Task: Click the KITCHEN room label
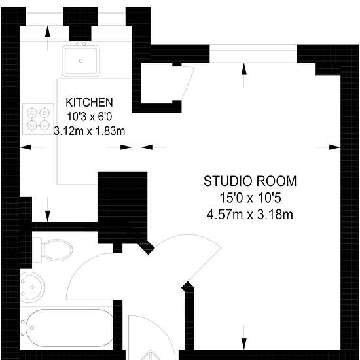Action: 89,102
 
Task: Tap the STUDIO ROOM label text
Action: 250,181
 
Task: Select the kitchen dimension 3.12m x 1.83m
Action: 89,131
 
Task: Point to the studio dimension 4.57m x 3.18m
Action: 250,215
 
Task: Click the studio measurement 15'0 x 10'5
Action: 250,198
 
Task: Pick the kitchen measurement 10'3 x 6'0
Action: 89,117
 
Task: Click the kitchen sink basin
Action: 81,61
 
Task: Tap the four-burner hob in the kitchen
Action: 39,119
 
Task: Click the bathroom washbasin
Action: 32,287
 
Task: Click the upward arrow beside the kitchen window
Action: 48,38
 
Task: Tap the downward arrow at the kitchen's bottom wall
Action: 48,209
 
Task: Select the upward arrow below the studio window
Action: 244,76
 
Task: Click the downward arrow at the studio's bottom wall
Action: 244,337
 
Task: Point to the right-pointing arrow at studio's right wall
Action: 328,147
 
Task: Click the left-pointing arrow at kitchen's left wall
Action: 32,147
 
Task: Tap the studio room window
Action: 253,53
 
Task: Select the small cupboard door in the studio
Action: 188,84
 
